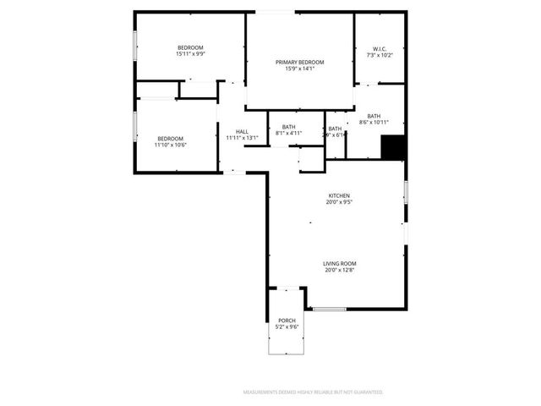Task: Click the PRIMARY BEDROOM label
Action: pyautogui.click(x=300, y=62)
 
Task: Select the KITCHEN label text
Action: pyautogui.click(x=339, y=195)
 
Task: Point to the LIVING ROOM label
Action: pyautogui.click(x=339, y=263)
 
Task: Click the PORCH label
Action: pyautogui.click(x=287, y=321)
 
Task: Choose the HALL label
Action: pyautogui.click(x=242, y=131)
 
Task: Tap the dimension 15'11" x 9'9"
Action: pyautogui.click(x=190, y=53)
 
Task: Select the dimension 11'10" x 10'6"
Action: pyautogui.click(x=170, y=145)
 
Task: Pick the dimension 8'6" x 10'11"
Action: pyautogui.click(x=374, y=123)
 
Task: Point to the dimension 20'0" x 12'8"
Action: pyautogui.click(x=339, y=271)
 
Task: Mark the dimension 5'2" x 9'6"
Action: pyautogui.click(x=287, y=327)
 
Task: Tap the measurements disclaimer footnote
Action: pyautogui.click(x=313, y=392)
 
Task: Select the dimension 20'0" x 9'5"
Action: pyautogui.click(x=339, y=202)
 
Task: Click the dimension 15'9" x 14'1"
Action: pyautogui.click(x=300, y=69)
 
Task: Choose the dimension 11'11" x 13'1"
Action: pyautogui.click(x=242, y=138)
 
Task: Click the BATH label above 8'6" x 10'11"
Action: pyautogui.click(x=374, y=116)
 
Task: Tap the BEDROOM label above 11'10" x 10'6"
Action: pyautogui.click(x=170, y=138)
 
